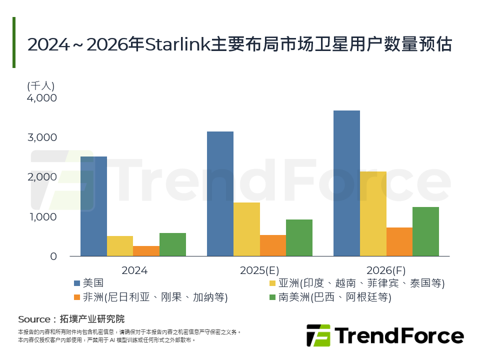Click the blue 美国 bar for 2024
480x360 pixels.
coord(93,206)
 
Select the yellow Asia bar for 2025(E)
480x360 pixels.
coord(246,229)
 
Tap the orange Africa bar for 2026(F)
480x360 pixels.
coord(399,241)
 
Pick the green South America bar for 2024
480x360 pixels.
coord(172,244)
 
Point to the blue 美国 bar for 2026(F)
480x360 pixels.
coord(346,183)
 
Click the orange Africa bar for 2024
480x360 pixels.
coord(146,251)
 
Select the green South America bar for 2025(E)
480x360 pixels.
coord(299,237)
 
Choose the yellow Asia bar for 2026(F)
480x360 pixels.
coord(373,213)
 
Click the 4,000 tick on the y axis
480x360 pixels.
coord(42,98)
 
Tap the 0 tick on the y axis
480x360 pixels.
coord(53,256)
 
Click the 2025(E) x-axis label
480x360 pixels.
coord(259,270)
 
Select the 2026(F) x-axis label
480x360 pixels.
coord(386,270)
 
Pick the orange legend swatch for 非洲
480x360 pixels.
coord(76,298)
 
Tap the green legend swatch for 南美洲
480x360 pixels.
coord(273,298)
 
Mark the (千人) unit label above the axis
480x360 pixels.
coord(40,85)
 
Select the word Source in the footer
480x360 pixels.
coord(34,319)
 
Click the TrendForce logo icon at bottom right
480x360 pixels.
coord(318,335)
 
